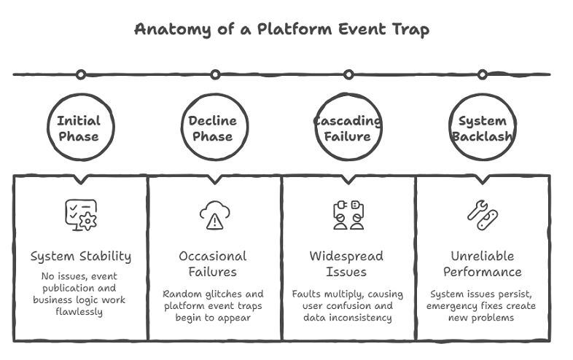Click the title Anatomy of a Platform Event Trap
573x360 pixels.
coord(281,30)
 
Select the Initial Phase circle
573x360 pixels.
coord(79,129)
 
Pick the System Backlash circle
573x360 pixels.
coord(482,129)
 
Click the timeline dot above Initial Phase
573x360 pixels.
coord(81,74)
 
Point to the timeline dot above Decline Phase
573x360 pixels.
coord(215,74)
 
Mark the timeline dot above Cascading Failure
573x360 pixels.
coord(348,74)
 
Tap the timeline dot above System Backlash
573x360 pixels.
coord(482,74)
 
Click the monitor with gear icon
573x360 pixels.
coord(80,215)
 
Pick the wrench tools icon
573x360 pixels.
coord(482,215)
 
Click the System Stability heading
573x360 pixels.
coord(80,256)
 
